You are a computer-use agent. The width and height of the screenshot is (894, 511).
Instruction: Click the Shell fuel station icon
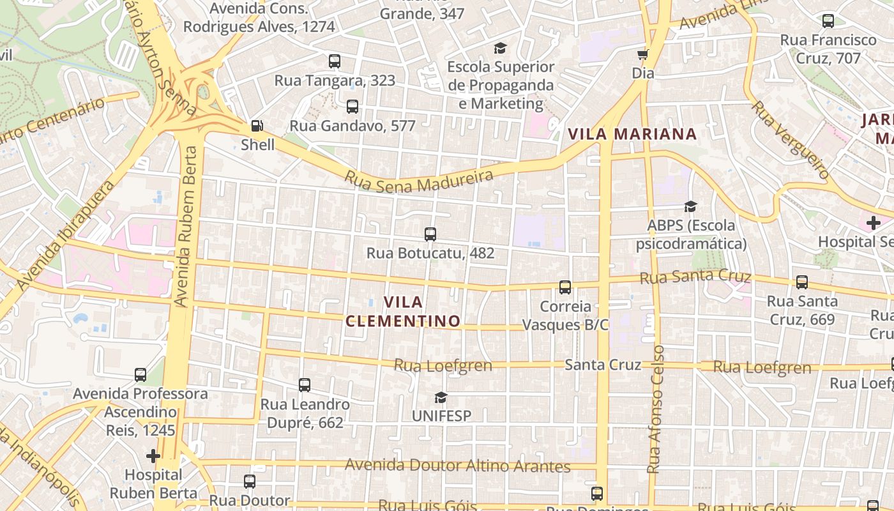tap(257, 126)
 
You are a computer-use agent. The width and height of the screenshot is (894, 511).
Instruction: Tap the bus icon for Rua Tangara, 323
tap(334, 61)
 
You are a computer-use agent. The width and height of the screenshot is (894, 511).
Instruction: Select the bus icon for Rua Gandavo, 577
tap(352, 107)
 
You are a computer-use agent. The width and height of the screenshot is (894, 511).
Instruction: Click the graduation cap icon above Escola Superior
tap(500, 48)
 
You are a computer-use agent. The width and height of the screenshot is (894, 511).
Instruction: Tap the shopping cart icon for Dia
tap(642, 54)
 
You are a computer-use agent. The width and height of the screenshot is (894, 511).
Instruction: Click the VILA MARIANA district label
tap(632, 134)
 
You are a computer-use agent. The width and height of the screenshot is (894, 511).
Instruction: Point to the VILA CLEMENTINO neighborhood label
tap(404, 311)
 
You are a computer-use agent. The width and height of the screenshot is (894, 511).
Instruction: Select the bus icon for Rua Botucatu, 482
tap(430, 234)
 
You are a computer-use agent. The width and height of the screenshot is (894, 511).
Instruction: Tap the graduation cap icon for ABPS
tap(690, 206)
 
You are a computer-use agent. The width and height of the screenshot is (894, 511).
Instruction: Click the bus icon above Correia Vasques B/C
tap(565, 287)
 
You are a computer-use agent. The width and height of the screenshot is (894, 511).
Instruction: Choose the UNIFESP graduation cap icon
tap(441, 397)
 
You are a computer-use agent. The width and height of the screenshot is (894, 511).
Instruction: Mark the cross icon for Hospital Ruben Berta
tap(153, 456)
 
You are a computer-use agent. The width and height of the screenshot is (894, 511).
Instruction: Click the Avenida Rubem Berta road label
tap(186, 227)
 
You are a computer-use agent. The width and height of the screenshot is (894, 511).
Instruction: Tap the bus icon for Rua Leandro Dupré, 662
tap(305, 385)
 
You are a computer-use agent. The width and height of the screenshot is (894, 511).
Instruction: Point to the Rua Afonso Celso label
tap(656, 409)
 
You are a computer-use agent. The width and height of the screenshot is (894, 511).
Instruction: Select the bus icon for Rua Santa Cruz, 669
tap(801, 282)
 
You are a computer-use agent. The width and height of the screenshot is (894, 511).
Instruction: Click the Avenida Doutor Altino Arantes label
tap(457, 465)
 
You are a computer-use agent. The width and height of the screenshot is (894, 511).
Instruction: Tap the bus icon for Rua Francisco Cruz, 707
tap(828, 21)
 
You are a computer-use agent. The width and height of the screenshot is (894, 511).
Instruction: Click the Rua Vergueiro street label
tap(791, 139)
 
